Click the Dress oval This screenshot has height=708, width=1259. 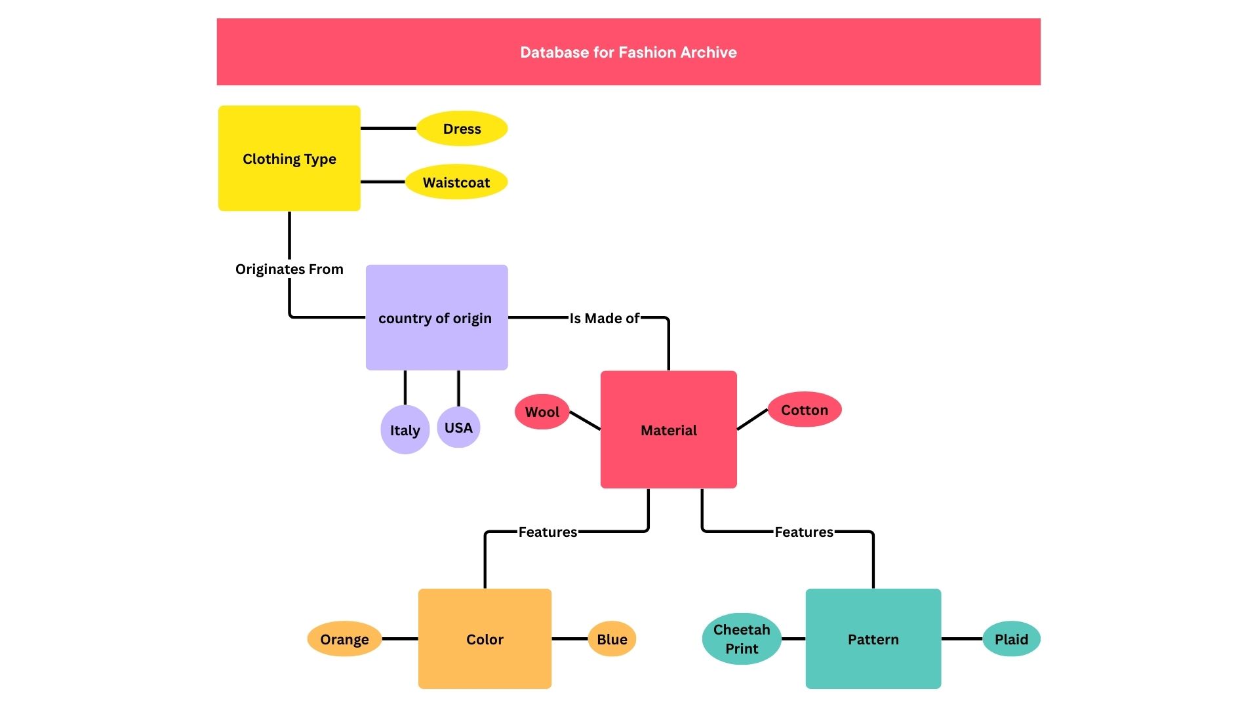(x=462, y=128)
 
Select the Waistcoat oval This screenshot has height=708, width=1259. (x=456, y=182)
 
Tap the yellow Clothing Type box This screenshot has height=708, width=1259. (x=289, y=159)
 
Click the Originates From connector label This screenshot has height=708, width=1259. (x=289, y=269)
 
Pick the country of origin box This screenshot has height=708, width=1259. (x=436, y=318)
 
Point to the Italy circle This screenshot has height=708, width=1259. (x=405, y=430)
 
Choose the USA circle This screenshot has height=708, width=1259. (x=458, y=427)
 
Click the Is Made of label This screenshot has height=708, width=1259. (x=604, y=318)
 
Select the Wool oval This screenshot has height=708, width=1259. (x=542, y=412)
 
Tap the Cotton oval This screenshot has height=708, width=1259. (x=805, y=410)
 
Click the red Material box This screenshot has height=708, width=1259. (x=668, y=430)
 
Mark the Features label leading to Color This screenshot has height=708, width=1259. (x=548, y=532)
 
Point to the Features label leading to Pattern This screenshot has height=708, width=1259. (x=803, y=532)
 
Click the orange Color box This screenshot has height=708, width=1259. (x=485, y=639)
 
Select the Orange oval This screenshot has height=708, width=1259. (x=344, y=639)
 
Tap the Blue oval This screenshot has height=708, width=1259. (x=612, y=639)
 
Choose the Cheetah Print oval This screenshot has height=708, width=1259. (x=742, y=639)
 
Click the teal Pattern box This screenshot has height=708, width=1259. (x=873, y=639)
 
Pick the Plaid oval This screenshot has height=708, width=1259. (x=1011, y=639)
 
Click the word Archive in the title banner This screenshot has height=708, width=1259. (x=708, y=52)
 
